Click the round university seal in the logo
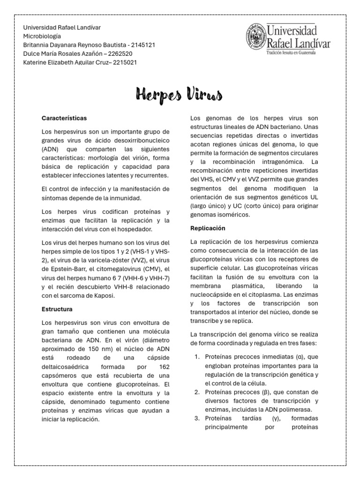[255, 38]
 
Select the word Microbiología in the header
[42, 36]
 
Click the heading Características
[64, 118]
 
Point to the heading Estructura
[57, 309]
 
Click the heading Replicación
[208, 228]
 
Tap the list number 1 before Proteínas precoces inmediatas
[197, 357]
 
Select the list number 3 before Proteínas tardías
[197, 418]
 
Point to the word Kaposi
[102, 296]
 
